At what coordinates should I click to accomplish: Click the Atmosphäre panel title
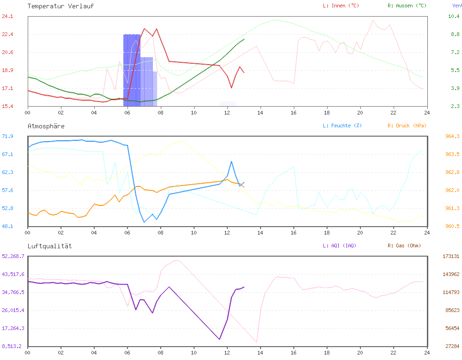(46, 126)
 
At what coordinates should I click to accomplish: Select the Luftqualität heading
(50, 246)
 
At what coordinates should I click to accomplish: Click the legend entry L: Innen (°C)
(340, 6)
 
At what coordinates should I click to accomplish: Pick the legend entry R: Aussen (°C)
(407, 6)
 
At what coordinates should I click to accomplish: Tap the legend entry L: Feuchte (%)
(342, 126)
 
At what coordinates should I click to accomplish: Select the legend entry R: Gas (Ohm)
(404, 246)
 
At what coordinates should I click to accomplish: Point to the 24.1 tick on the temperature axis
(8, 16)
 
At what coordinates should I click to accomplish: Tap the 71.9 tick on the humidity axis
(8, 136)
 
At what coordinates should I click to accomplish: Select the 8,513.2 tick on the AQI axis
(12, 346)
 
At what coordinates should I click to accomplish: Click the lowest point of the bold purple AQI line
(219, 339)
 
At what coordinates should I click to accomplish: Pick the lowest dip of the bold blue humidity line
(145, 222)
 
